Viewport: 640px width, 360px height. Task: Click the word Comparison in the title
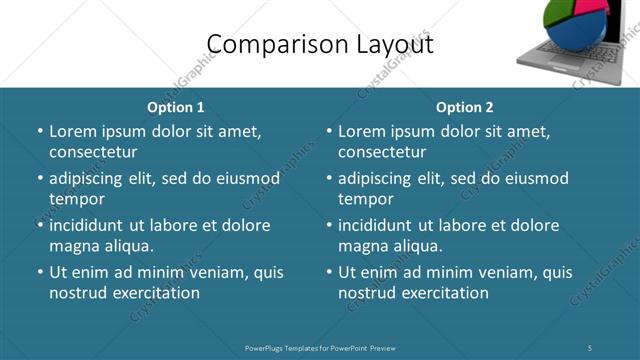(263, 44)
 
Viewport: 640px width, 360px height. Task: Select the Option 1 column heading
(176, 107)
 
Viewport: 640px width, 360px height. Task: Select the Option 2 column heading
(465, 107)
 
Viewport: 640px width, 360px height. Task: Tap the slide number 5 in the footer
(590, 347)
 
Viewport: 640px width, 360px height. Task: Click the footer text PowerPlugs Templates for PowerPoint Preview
(320, 347)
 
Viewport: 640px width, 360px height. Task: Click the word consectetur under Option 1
(93, 152)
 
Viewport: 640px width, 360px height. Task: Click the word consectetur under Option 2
(382, 152)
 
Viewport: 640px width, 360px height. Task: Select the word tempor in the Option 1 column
(77, 199)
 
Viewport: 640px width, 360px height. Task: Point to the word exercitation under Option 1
(152, 293)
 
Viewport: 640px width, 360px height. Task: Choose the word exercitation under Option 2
(441, 293)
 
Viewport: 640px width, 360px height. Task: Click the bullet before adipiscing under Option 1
(40, 179)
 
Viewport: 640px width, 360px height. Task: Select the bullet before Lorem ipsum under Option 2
(329, 132)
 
